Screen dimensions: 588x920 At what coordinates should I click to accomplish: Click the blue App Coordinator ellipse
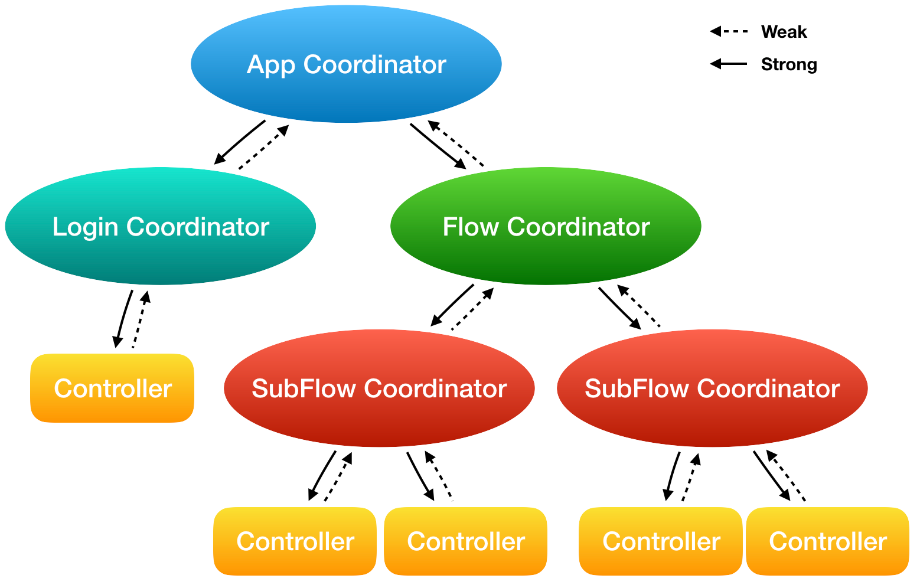pos(346,64)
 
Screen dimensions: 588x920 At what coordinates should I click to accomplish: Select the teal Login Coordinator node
pos(160,227)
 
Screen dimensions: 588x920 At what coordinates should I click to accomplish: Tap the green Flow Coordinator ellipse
pos(546,227)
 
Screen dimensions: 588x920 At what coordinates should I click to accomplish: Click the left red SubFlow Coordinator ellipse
pos(379,388)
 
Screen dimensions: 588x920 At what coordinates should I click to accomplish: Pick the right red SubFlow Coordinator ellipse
pos(712,388)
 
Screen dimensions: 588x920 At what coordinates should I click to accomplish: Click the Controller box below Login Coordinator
pos(112,388)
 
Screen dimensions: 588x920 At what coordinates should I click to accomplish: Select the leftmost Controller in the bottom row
pos(295,541)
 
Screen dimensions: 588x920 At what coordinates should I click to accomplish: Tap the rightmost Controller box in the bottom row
pos(827,541)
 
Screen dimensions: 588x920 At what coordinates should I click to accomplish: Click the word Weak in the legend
pos(784,32)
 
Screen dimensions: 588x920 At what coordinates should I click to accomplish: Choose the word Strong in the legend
pos(789,64)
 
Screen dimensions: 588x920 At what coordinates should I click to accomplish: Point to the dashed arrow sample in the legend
pos(729,31)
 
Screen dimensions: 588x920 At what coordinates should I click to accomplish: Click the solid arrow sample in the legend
pos(729,64)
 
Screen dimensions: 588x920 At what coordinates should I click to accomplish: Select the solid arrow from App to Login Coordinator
pos(239,142)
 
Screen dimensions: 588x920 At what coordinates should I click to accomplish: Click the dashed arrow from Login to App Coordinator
pos(264,147)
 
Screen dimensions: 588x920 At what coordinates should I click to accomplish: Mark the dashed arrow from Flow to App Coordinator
pos(456,143)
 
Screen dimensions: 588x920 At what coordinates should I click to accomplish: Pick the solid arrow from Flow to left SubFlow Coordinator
pos(452,305)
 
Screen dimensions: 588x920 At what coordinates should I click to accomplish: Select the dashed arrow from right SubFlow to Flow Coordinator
pos(638,306)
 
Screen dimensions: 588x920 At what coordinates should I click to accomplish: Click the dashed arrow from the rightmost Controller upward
pos(785,475)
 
